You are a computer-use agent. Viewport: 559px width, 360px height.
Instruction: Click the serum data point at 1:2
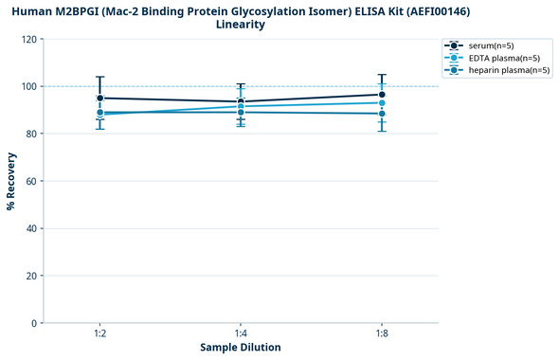(x=99, y=98)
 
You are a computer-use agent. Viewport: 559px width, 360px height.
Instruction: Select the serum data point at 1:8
(x=382, y=95)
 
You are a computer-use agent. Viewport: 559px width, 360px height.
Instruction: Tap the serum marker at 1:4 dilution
(x=241, y=101)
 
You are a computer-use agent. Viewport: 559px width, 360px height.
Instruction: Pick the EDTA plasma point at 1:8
(x=382, y=102)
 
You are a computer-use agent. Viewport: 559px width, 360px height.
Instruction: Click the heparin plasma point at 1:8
(x=382, y=114)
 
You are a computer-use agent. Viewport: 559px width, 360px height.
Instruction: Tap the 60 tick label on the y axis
(x=32, y=181)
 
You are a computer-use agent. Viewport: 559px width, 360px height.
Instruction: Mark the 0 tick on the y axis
(x=35, y=323)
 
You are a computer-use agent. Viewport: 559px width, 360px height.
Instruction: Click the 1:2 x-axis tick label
(x=99, y=333)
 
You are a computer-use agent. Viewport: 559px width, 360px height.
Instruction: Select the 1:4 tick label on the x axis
(x=241, y=333)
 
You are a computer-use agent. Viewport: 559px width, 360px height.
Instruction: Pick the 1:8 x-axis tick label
(x=382, y=333)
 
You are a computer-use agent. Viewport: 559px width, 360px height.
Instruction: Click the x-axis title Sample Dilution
(x=241, y=348)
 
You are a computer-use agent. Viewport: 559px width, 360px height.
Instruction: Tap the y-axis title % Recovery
(x=11, y=181)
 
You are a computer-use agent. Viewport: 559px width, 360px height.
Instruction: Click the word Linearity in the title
(x=241, y=25)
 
